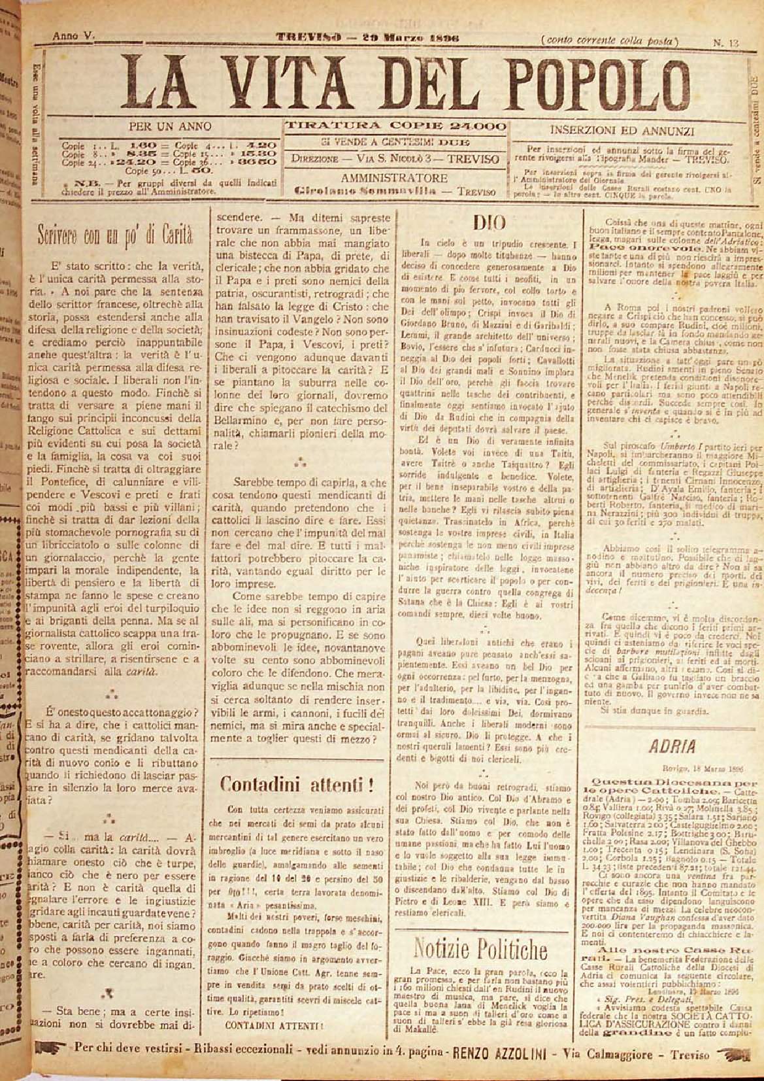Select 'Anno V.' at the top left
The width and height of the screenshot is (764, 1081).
[74, 37]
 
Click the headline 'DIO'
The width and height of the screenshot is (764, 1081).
[489, 223]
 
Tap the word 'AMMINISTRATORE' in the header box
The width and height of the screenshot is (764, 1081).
[393, 178]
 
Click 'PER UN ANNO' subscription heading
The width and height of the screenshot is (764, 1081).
[171, 126]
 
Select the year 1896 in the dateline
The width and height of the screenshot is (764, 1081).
[444, 37]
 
